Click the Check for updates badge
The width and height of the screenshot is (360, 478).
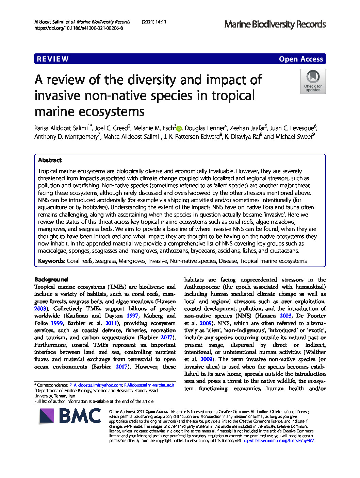pos(313,81)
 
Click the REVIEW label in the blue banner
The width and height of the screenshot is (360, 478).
pos(53,59)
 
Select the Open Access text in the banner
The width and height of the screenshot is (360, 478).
pos(301,59)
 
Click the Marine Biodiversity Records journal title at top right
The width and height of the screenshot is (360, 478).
pos(275,24)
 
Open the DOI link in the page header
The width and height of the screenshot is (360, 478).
pos(79,28)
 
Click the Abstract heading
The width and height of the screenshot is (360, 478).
pos(50,160)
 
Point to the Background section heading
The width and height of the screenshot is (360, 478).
pos(51,279)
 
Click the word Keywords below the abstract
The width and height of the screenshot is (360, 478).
pos(51,261)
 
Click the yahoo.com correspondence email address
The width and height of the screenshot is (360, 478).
pos(96,385)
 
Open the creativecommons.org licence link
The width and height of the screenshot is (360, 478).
pos(278,441)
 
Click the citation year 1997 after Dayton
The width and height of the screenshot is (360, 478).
pos(132,316)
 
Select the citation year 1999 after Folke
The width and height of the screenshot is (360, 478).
pos(57,323)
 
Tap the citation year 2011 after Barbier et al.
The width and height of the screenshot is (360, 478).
pos(111,323)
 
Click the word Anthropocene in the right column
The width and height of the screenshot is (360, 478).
pos(202,287)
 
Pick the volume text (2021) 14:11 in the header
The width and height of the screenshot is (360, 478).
pos(154,22)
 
